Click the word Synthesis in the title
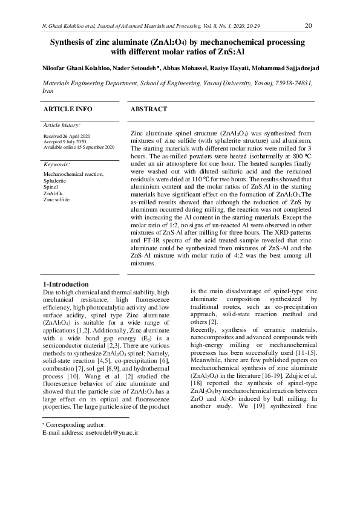click(x=70, y=42)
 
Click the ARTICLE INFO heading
click(x=68, y=109)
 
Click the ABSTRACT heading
click(x=148, y=109)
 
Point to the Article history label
click(x=62, y=125)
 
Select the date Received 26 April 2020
click(x=67, y=137)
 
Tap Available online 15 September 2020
click(x=79, y=148)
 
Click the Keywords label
click(x=57, y=164)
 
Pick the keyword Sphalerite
click(x=55, y=181)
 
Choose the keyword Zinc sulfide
click(x=56, y=199)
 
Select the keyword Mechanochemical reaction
click(x=73, y=175)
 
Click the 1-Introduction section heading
click(x=66, y=284)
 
